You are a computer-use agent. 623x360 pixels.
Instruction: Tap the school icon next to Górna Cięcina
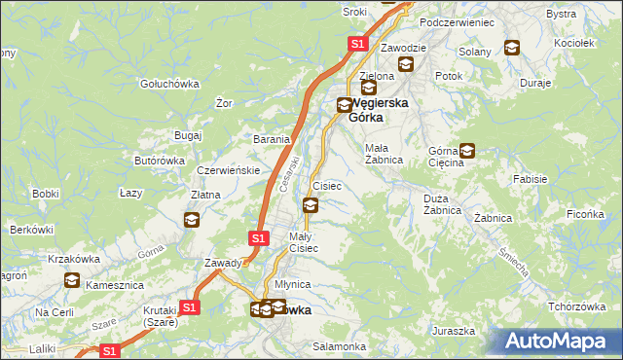pyautogui.click(x=467, y=151)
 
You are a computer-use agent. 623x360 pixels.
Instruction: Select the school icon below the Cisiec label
pyautogui.click(x=311, y=204)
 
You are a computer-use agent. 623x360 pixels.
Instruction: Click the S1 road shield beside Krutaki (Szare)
pyautogui.click(x=190, y=307)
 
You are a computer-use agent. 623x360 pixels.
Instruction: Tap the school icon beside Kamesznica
pyautogui.click(x=72, y=281)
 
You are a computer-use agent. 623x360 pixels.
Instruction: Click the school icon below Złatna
pyautogui.click(x=191, y=220)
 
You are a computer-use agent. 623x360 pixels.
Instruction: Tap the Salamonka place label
pyautogui.click(x=339, y=346)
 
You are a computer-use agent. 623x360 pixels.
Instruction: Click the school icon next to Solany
pyautogui.click(x=511, y=46)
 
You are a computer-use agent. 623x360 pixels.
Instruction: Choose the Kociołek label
pyautogui.click(x=572, y=44)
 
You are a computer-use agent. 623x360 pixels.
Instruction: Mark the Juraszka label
pyautogui.click(x=456, y=331)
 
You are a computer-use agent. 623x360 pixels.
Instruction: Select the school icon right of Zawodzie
pyautogui.click(x=406, y=65)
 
